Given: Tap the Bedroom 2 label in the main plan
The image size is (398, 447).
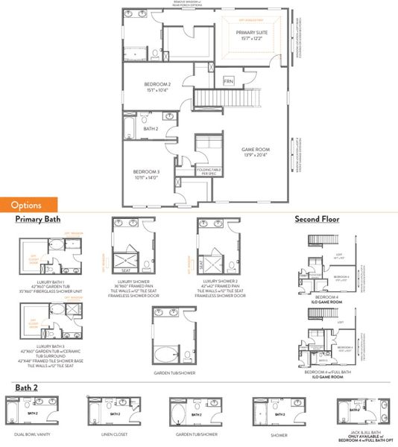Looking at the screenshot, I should coord(157,88).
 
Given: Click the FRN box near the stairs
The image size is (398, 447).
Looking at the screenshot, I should coord(229,80).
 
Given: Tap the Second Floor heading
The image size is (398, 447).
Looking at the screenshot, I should coord(318,220).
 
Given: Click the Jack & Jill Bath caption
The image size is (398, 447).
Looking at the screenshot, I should coord(360,436).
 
